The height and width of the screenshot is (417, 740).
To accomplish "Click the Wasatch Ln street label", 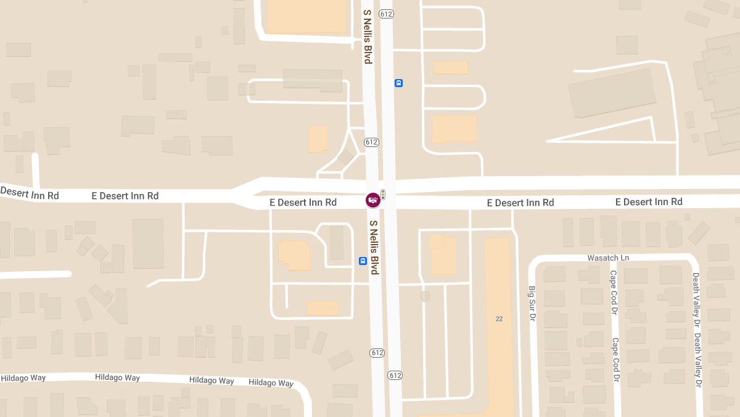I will click(608, 258).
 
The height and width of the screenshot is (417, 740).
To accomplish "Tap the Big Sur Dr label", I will click(531, 303).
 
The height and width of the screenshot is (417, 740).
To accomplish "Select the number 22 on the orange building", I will click(499, 319).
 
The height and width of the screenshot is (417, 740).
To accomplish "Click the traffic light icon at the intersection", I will click(383, 195).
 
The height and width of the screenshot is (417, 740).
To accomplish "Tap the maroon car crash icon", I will click(372, 200).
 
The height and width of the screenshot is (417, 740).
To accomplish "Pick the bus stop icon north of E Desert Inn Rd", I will click(398, 83).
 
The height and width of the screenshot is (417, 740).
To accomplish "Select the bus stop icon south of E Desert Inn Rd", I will click(363, 261).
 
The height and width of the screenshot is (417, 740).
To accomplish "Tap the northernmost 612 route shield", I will click(387, 14).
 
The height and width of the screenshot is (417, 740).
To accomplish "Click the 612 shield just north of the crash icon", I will click(371, 142).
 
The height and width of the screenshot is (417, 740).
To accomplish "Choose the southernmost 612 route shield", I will click(395, 375).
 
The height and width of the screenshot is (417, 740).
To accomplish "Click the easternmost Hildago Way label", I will click(271, 382).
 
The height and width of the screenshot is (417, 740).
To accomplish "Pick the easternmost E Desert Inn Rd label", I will click(649, 202).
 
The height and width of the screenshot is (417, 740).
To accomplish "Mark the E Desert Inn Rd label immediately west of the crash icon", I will click(303, 202).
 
